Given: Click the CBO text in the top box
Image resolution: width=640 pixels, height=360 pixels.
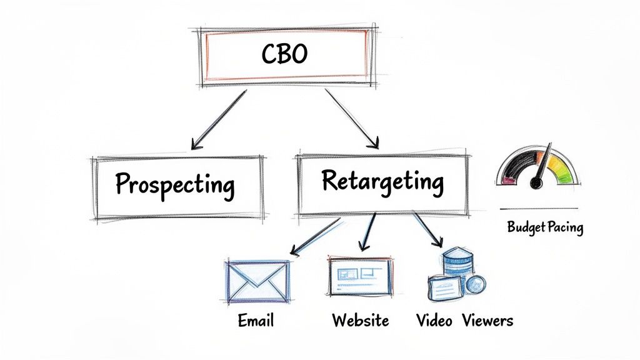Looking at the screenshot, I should point(284,54).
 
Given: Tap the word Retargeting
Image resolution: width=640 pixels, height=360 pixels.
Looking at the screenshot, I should point(382,181).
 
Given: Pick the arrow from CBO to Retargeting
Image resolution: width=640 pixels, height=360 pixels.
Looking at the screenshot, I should point(353,119).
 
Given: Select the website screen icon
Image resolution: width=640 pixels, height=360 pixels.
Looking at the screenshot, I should point(360,276).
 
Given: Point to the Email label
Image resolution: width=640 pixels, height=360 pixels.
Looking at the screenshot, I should point(256,321).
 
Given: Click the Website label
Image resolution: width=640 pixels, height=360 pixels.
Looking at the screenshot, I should point(360,321).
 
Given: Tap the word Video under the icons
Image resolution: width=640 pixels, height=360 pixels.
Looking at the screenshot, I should point(434,321).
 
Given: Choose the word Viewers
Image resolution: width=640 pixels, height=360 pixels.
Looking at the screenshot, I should point(487,321).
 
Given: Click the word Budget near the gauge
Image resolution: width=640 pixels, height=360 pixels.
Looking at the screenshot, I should point(527,227).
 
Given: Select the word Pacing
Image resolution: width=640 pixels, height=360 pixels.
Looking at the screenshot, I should point(566,227).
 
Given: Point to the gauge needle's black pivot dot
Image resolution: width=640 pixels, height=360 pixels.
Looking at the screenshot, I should point(536,183).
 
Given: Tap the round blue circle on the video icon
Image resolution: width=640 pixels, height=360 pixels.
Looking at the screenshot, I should point(476,284).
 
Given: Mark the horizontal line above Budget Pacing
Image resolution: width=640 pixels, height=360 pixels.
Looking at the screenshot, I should point(539,209).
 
